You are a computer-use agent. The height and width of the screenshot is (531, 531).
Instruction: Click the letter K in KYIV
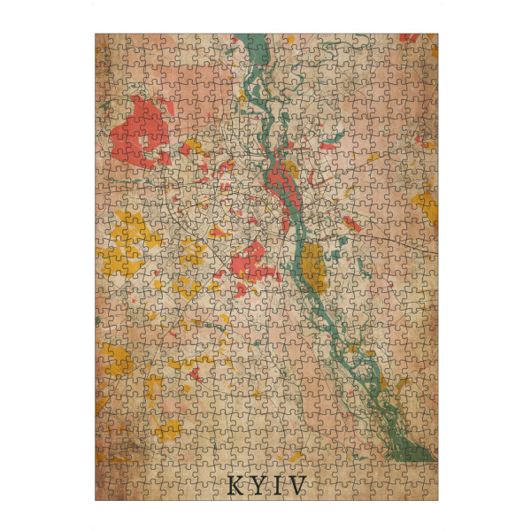click(x=234, y=485)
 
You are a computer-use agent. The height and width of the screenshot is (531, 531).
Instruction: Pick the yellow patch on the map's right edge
click(x=427, y=206)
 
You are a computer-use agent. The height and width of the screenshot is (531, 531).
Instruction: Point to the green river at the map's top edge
click(x=253, y=42)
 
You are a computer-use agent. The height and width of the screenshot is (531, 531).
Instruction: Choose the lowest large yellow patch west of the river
click(x=168, y=431)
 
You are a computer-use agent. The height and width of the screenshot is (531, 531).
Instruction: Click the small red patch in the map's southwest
click(x=194, y=373)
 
